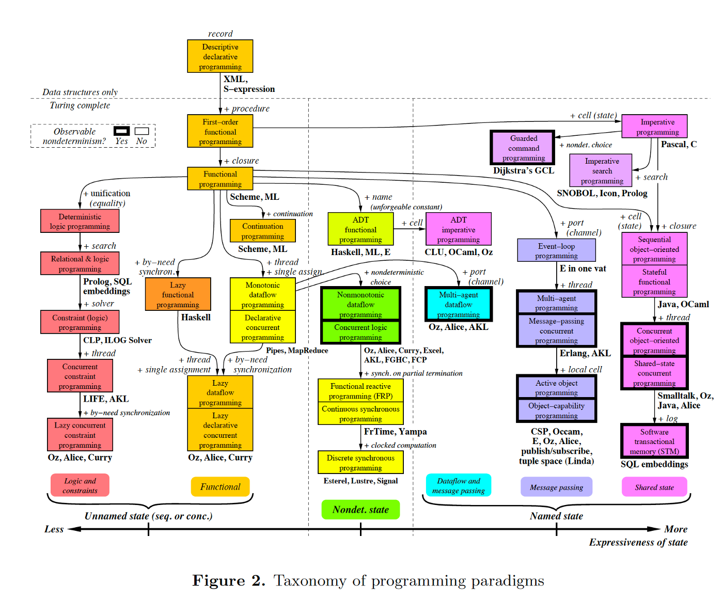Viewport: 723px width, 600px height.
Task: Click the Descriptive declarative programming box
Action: (220, 56)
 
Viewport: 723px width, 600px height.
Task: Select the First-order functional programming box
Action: (220, 132)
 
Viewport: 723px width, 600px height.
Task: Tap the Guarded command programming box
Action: (523, 148)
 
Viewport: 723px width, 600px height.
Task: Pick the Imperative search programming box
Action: (601, 170)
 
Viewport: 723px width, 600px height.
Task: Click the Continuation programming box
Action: (262, 231)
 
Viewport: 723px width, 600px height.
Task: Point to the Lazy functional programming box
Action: (178, 294)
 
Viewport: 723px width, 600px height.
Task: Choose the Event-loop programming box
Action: (556, 250)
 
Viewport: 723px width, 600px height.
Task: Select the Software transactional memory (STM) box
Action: (654, 441)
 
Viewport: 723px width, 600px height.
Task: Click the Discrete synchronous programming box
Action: (360, 462)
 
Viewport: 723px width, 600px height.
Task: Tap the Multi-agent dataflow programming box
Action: (458, 304)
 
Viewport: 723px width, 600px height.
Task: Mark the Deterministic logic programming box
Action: (80, 221)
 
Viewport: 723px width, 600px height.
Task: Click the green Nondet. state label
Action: (360, 510)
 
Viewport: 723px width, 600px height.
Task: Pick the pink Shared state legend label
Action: (654, 487)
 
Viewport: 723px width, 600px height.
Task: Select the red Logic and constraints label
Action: (80, 485)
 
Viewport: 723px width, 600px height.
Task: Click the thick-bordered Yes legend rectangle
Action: (122, 131)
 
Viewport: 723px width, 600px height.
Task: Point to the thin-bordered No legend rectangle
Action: (142, 131)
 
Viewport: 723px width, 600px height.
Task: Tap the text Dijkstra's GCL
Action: (523, 170)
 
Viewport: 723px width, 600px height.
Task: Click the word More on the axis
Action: (675, 529)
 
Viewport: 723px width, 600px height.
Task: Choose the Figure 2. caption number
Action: (229, 581)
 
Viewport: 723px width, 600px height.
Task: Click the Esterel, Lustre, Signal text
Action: (360, 481)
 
